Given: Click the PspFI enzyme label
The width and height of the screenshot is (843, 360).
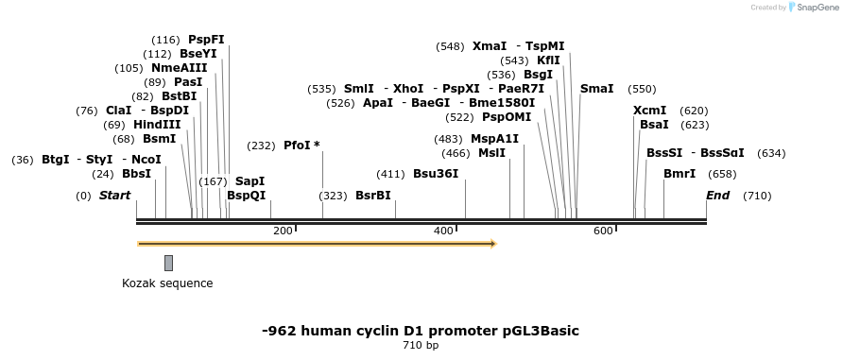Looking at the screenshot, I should pos(206,40).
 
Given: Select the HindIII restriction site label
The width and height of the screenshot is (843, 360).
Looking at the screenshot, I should pos(156,125).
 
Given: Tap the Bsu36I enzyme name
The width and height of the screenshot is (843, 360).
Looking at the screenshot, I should pos(436,174).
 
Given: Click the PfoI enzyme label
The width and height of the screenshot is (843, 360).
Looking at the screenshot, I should pos(297,146).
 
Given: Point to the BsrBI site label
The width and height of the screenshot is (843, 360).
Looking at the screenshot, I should pos(372,196).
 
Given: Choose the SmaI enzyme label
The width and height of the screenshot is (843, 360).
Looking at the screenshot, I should pos(596,89).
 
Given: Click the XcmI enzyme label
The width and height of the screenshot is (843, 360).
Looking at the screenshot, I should pos(649,111).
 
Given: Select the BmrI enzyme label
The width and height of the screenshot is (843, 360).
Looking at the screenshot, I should pos(679,174).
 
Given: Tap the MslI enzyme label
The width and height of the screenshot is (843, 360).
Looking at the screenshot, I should pos(491,153).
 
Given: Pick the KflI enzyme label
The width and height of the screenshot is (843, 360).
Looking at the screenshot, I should pos(548,60).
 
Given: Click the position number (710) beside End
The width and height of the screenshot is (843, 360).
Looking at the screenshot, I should pos(757,196).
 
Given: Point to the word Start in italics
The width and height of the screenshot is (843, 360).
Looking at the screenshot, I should pos(114,196).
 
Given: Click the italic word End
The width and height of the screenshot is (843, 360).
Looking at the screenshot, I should pos(717,196).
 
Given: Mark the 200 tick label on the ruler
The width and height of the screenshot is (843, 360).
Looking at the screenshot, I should pos(282,231).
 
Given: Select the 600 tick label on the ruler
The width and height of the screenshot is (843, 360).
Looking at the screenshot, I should pos(603,231).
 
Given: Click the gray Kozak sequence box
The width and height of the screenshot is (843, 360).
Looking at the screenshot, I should pos(168,263).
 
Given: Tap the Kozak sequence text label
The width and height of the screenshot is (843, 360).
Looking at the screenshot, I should pos(167,283).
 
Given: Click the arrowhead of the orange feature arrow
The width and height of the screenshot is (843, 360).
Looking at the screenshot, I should pos(491,244).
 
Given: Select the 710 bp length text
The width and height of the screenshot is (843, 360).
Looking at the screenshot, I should pos(421,346).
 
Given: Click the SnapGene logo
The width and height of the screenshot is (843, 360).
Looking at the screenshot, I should pos(811,8).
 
